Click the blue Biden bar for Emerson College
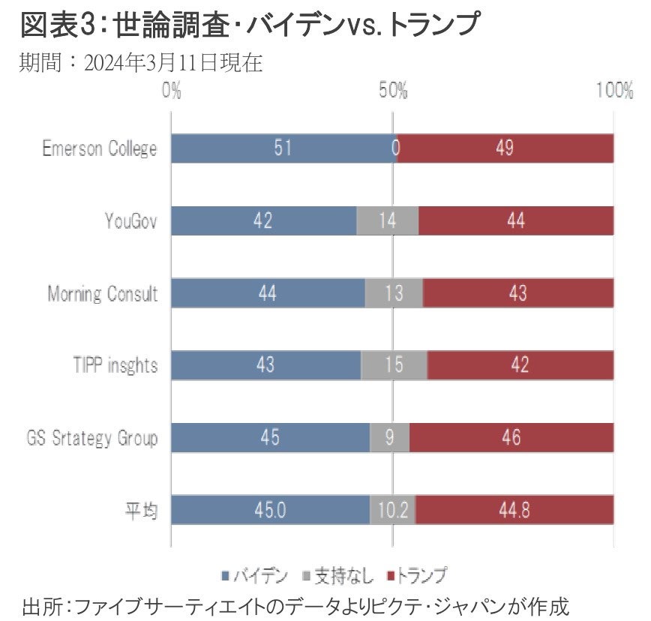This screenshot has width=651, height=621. [x=283, y=148]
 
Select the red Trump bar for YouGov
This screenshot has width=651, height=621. [x=516, y=220]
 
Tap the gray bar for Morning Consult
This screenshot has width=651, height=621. [x=394, y=293]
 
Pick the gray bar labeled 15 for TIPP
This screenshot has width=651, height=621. [x=394, y=365]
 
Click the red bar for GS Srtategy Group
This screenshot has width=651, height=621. [x=511, y=438]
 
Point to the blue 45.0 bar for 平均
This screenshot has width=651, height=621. [x=270, y=510]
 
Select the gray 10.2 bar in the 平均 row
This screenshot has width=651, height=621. [x=393, y=510]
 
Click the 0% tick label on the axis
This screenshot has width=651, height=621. [x=172, y=91]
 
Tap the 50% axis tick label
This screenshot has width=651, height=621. [x=392, y=91]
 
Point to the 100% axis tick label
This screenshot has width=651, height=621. [x=613, y=91]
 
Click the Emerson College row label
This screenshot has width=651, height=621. [x=100, y=148]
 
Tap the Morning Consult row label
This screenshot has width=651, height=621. [x=103, y=293]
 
